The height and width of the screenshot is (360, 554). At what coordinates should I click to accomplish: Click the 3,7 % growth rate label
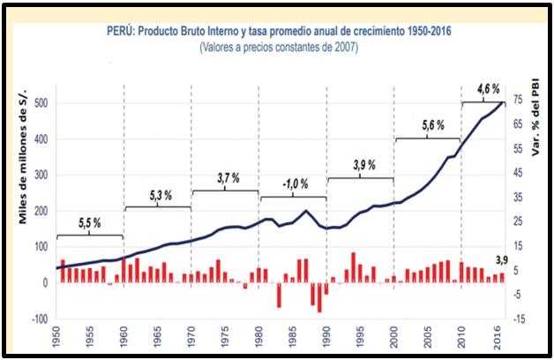pos(226,178)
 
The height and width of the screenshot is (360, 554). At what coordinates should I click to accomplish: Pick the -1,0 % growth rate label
pos(294,184)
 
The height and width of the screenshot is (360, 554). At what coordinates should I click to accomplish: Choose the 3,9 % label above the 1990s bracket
pos(363,165)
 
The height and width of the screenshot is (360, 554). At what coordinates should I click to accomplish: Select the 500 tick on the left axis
pos(40,102)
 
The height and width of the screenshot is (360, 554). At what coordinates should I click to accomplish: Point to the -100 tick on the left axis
pos(37,319)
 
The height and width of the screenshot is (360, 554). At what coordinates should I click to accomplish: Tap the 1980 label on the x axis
pos(259,339)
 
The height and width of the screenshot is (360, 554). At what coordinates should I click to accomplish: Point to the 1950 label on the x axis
pos(56,339)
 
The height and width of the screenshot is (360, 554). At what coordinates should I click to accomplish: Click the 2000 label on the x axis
pos(395,339)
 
